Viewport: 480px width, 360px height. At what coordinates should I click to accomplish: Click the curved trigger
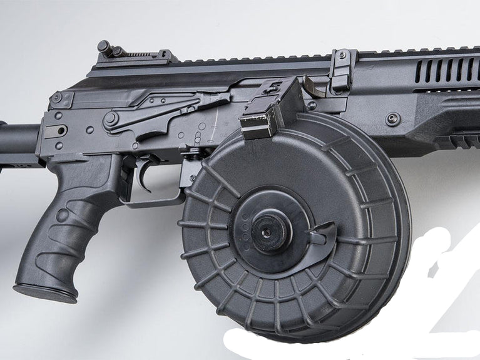145,175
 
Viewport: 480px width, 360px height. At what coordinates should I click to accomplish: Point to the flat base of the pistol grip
45,292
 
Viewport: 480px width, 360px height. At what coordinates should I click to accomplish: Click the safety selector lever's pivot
111,118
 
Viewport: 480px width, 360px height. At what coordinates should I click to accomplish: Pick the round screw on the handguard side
393,118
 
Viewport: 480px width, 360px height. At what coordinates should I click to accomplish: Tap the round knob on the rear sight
104,46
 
